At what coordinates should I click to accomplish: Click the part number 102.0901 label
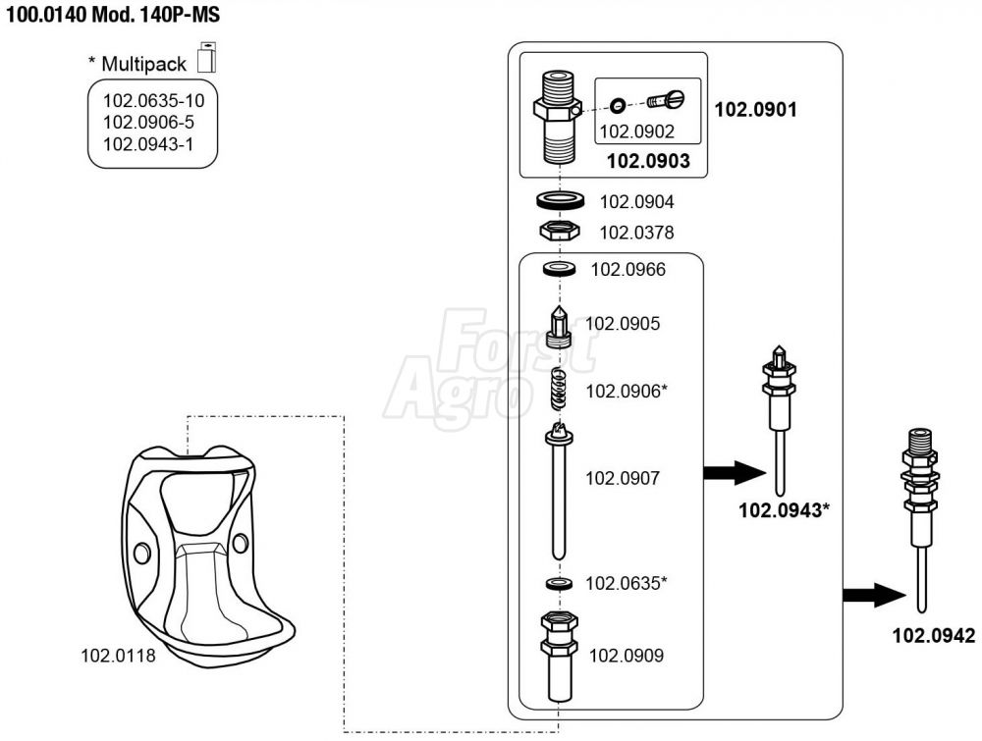tap(756, 110)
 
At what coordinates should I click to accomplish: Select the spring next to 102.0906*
tap(560, 389)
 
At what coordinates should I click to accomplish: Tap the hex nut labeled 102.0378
tap(560, 231)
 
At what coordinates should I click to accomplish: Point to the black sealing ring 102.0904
tap(560, 200)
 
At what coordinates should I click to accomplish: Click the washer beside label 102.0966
tap(560, 269)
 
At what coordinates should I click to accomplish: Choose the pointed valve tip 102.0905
tap(559, 328)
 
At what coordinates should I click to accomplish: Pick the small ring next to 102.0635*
tap(559, 584)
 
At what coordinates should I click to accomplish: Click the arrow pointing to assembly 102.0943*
tap(735, 472)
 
